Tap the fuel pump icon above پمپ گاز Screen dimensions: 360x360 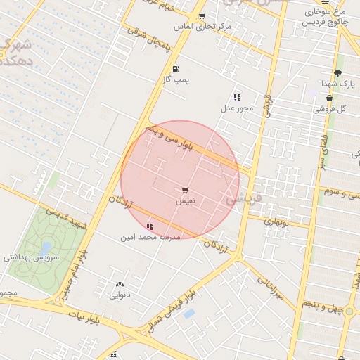[175, 69]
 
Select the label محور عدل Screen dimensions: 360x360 [237, 108]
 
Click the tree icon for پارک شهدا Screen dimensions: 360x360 [337, 73]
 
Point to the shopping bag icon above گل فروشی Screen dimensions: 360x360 [329, 98]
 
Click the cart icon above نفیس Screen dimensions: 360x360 [185, 190]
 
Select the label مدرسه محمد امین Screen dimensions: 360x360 [151, 237]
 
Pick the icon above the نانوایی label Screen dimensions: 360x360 [119, 285]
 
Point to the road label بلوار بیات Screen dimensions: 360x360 [90, 318]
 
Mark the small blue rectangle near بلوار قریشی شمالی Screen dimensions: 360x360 [188, 314]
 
